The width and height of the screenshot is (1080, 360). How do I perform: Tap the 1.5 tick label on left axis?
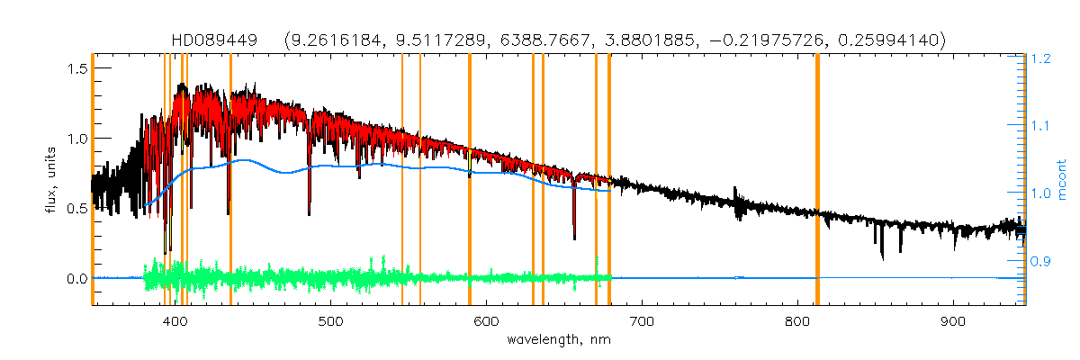pyautogui.click(x=76, y=68)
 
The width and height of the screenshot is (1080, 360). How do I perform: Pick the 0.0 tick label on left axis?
pyautogui.click(x=76, y=278)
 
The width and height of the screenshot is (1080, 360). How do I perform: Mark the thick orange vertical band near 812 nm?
pyautogui.click(x=817, y=180)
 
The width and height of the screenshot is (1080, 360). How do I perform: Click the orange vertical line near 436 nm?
pyautogui.click(x=231, y=180)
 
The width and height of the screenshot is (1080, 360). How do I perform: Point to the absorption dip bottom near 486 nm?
pyautogui.click(x=310, y=214)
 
